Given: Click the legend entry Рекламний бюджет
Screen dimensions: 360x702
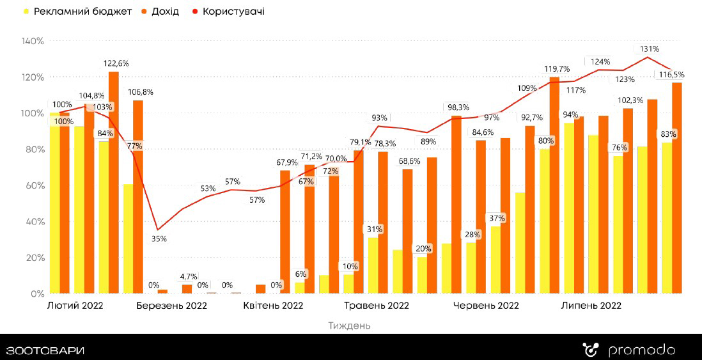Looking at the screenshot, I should [x=77, y=12].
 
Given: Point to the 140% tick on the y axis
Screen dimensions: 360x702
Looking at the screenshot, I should [x=32, y=41].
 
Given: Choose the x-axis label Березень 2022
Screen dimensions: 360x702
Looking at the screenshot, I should [x=171, y=306].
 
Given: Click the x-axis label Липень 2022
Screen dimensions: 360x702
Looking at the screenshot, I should [x=591, y=306].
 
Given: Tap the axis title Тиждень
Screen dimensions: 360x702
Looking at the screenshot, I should [x=349, y=325].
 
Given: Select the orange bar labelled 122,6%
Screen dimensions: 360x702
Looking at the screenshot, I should [x=114, y=185].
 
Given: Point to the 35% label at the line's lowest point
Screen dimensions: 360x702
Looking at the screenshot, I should [x=159, y=239].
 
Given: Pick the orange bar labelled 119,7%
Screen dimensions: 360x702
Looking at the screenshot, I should [x=554, y=185].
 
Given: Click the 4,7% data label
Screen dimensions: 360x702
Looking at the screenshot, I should [x=188, y=276].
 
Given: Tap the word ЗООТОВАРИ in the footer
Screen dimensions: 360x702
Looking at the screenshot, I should [x=45, y=350].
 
